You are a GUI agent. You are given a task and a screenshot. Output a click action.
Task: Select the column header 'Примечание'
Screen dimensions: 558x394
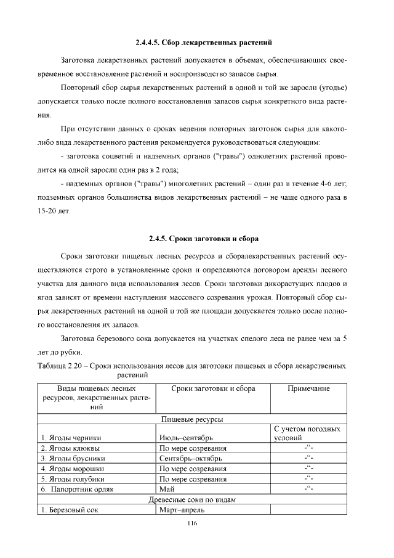(308, 389)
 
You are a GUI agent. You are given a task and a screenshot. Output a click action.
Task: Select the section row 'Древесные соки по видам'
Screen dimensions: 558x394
(191, 499)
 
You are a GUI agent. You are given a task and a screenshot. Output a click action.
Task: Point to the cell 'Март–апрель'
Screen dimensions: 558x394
(183, 510)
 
